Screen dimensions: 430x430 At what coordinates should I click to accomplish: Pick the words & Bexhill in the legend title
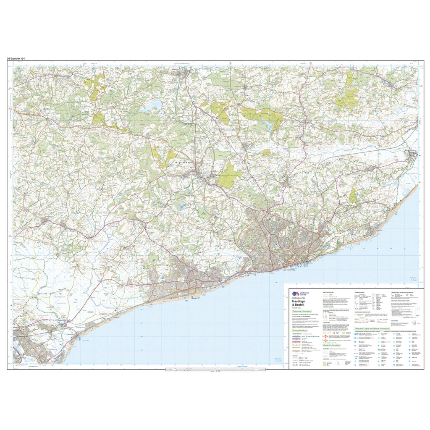(299, 305)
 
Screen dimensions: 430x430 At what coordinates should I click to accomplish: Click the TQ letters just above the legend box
(413, 279)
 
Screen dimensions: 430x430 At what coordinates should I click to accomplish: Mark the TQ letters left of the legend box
(277, 360)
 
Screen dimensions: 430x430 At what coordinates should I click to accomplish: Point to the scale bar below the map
(215, 369)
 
